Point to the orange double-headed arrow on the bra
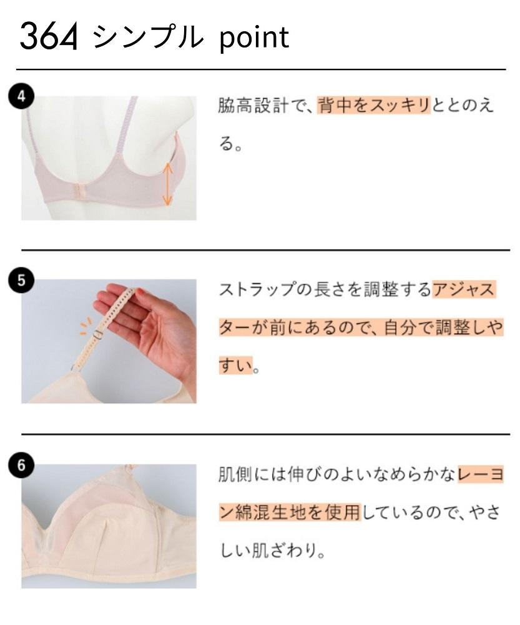click(x=167, y=183)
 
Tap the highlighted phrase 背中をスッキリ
click(x=374, y=106)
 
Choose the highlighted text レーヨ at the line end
click(x=480, y=476)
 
